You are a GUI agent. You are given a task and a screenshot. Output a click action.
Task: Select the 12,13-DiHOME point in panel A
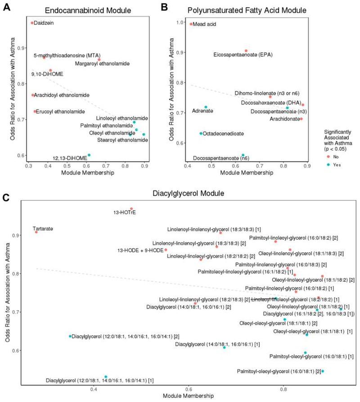pos(89,155)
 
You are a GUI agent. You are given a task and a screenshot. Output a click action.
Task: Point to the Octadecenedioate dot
pos(201,134)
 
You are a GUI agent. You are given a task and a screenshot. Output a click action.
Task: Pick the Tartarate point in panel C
pos(36,231)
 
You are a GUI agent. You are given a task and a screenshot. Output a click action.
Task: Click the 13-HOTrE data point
pos(131,209)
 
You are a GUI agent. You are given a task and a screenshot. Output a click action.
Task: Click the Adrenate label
pos(202,111)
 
